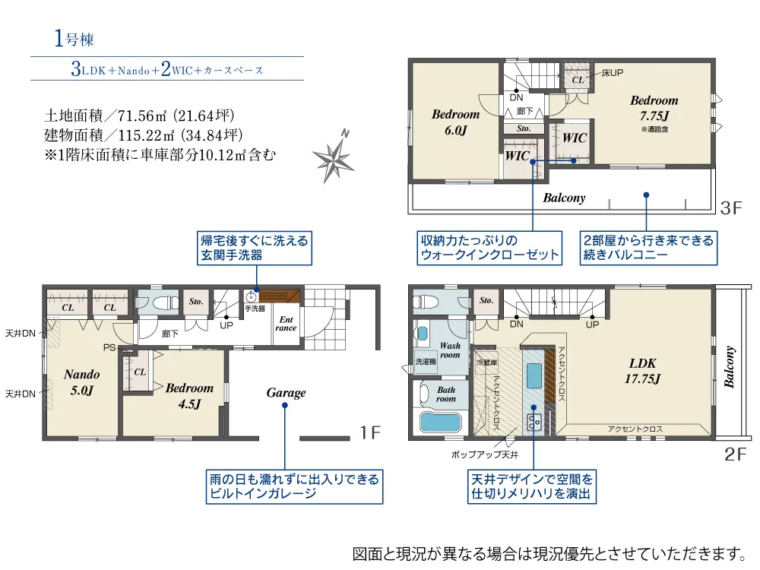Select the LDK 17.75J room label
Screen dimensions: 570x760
(642, 370)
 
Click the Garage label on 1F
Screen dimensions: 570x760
(286, 393)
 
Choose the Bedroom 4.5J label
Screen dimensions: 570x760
(189, 395)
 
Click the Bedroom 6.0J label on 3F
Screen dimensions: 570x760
(455, 122)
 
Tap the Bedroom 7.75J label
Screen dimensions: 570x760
(654, 107)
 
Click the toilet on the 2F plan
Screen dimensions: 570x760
(427, 301)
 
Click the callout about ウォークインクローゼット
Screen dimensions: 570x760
(490, 248)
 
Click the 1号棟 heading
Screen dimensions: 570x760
(74, 40)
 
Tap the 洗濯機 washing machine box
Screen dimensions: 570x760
(426, 363)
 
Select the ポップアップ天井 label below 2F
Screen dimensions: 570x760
(485, 454)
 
